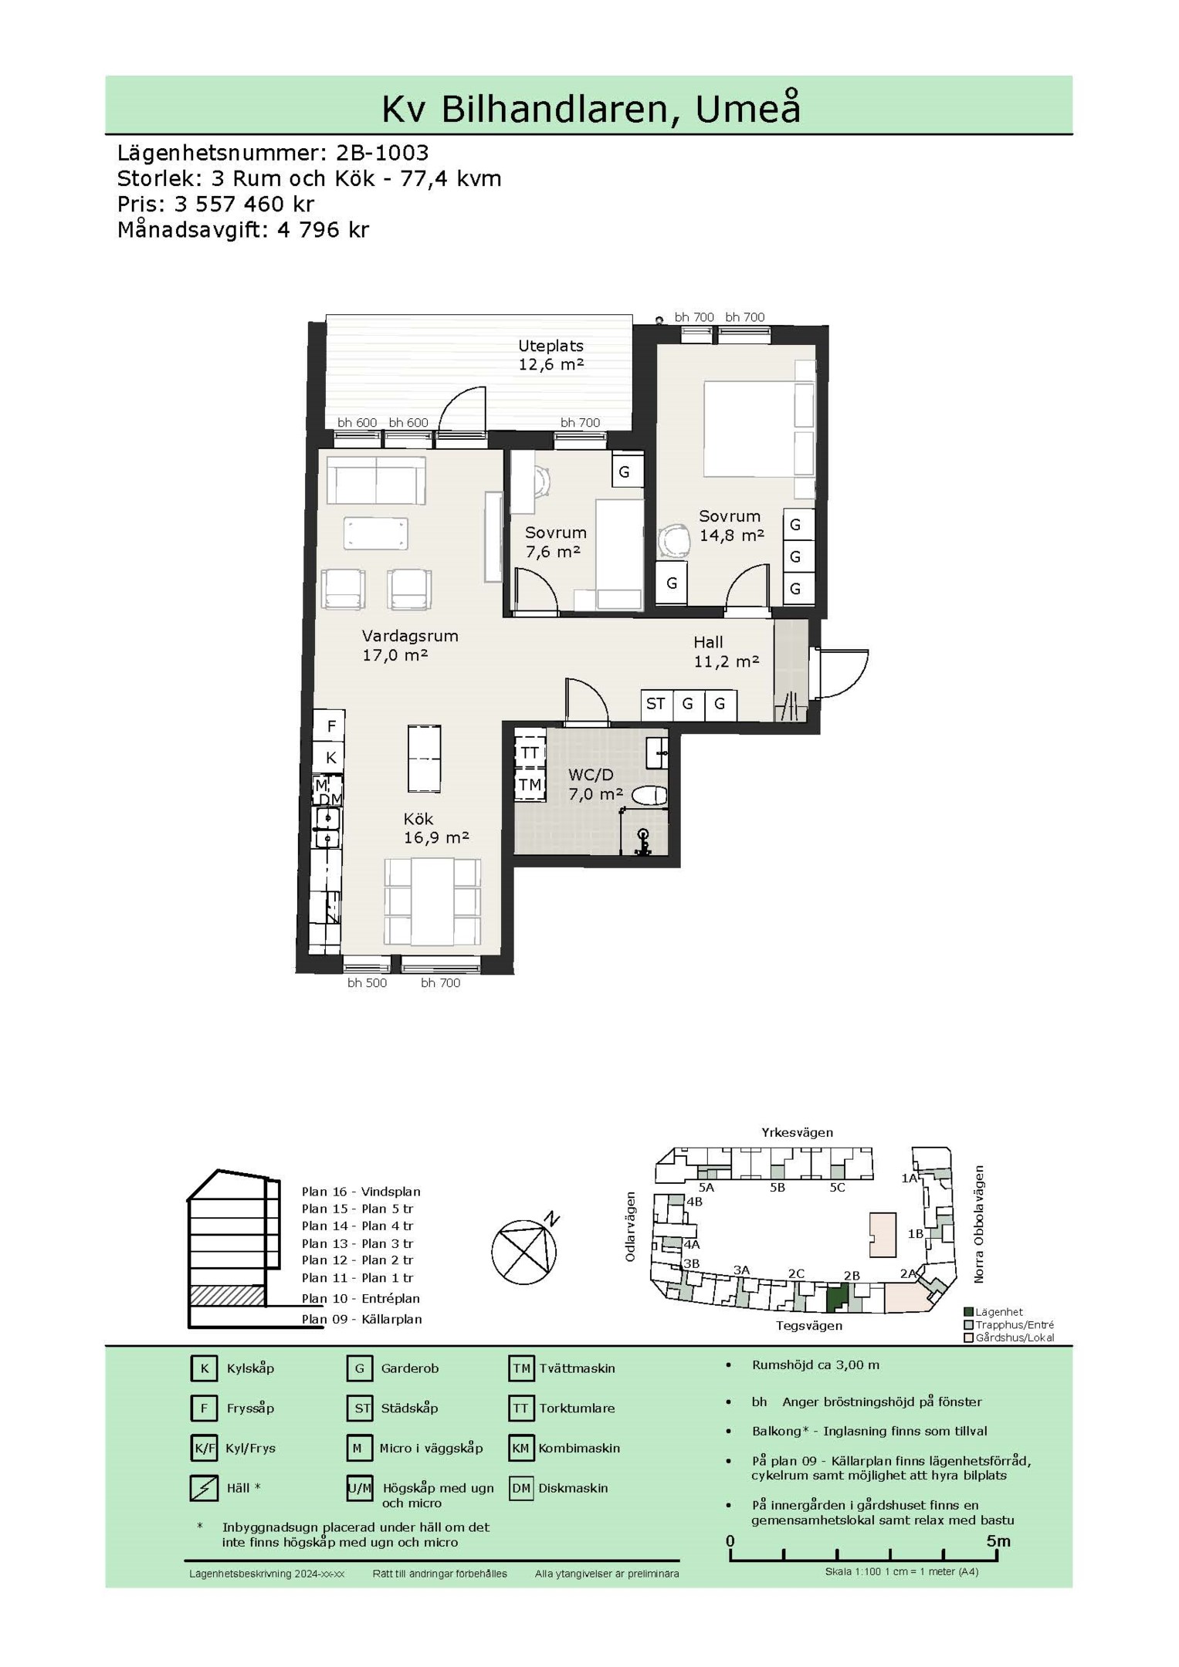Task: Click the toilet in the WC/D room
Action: pyautogui.click(x=649, y=796)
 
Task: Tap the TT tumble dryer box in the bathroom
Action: pyautogui.click(x=530, y=752)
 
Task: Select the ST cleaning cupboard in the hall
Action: pyautogui.click(x=656, y=704)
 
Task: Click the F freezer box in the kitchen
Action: pyautogui.click(x=330, y=725)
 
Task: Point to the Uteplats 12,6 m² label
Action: pyautogui.click(x=551, y=355)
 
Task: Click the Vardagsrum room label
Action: pyautogui.click(x=410, y=636)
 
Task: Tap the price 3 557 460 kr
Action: pyautogui.click(x=244, y=205)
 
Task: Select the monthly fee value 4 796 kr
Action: pyautogui.click(x=324, y=230)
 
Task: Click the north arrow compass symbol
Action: pyautogui.click(x=525, y=1249)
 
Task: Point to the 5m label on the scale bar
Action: pyautogui.click(x=998, y=1540)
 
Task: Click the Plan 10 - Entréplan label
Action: pyautogui.click(x=361, y=1298)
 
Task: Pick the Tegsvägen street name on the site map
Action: pyautogui.click(x=809, y=1325)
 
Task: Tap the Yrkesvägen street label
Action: pyautogui.click(x=798, y=1133)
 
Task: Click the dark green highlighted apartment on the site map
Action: pyautogui.click(x=836, y=1298)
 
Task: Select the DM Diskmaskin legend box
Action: pyautogui.click(x=521, y=1488)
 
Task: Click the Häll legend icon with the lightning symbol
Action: pyautogui.click(x=204, y=1488)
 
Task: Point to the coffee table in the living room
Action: pyautogui.click(x=376, y=533)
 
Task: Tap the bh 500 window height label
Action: pyautogui.click(x=367, y=982)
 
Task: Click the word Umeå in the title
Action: pyautogui.click(x=748, y=109)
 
